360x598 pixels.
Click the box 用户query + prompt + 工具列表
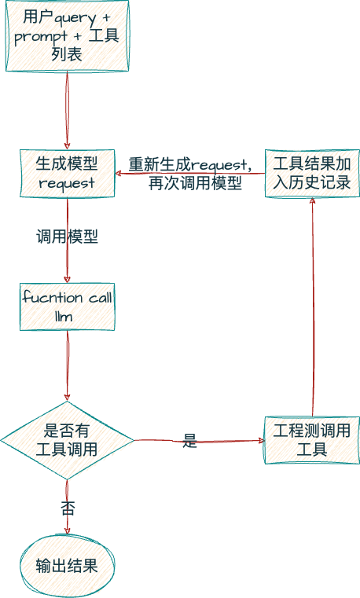pos(67,36)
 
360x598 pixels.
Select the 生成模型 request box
pos(67,173)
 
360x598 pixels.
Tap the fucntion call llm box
pos(67,306)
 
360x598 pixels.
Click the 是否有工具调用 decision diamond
pos(67,440)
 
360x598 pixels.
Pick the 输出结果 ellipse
pos(67,565)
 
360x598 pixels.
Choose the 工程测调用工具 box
pos(312,440)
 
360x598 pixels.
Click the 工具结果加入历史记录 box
pos(312,173)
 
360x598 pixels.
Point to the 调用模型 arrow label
pos(67,237)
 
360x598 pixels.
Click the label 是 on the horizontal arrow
pos(189,441)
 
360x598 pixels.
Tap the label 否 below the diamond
pos(68,508)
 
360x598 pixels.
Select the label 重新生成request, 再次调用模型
pos(190,174)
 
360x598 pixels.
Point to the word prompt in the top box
pos(41,36)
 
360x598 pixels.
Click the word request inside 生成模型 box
pos(67,183)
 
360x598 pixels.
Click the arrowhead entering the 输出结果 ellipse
pos(67,532)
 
